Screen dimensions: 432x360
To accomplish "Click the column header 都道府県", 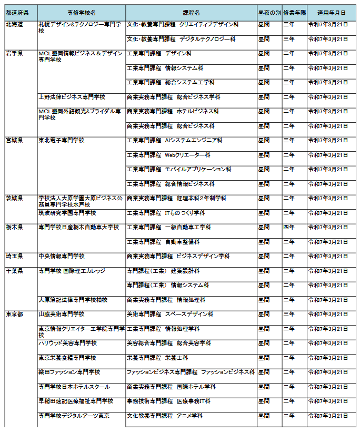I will (21, 12).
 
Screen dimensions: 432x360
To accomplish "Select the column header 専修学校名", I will (81, 12).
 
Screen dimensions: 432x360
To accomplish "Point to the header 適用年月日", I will (331, 12).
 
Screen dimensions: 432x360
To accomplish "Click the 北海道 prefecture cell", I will (14, 25).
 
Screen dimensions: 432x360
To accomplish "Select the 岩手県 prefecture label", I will (14, 54).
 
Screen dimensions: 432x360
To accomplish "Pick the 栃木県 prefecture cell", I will (14, 227).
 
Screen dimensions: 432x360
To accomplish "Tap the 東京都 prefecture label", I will (14, 314).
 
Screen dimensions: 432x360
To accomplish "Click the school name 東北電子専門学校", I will (61, 141).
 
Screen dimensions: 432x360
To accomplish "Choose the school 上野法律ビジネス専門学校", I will (72, 97).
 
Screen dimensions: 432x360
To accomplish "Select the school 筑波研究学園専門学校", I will (67, 213).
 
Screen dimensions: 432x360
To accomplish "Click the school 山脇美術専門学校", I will (61, 314).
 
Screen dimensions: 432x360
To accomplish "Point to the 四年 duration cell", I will (289, 227).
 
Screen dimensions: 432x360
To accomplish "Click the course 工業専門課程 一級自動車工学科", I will (169, 227).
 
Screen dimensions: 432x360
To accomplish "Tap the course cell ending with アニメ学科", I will (165, 416).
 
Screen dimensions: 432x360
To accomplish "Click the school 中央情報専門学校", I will (61, 256).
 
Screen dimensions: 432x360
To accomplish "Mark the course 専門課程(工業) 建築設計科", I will (163, 271).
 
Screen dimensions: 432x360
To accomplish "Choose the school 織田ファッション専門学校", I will (69, 372).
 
